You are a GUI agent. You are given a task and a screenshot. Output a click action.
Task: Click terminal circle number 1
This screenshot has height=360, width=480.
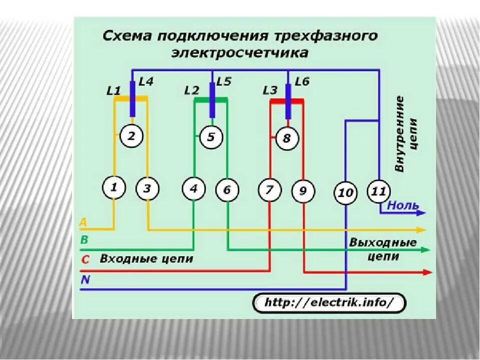tap(114, 188)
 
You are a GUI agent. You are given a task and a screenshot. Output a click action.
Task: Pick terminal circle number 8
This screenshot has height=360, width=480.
tap(286, 138)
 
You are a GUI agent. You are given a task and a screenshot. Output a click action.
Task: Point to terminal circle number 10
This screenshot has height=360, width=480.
tap(345, 192)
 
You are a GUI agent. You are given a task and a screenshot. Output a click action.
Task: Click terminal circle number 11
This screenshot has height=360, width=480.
tap(379, 191)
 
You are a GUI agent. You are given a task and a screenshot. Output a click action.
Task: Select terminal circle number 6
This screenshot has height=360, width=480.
tap(227, 190)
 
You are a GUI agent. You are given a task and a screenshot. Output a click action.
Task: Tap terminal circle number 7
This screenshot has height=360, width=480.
tap(269, 190)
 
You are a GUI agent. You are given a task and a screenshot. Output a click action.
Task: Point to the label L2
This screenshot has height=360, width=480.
tap(191, 90)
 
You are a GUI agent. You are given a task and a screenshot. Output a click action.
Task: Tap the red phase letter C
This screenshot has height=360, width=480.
tap(85, 259)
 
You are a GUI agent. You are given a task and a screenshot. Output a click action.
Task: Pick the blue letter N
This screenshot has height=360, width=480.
tap(85, 280)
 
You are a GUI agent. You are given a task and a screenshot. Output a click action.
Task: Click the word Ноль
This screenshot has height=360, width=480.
tap(403, 205)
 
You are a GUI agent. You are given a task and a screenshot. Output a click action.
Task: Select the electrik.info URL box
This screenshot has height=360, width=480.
tap(329, 302)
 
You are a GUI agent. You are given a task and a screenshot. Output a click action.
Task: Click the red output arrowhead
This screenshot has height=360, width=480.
tap(427, 272)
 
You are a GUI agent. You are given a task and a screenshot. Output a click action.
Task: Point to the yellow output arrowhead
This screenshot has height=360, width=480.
tap(421, 230)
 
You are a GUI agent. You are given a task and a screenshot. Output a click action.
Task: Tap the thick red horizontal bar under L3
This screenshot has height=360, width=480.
tap(286, 101)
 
